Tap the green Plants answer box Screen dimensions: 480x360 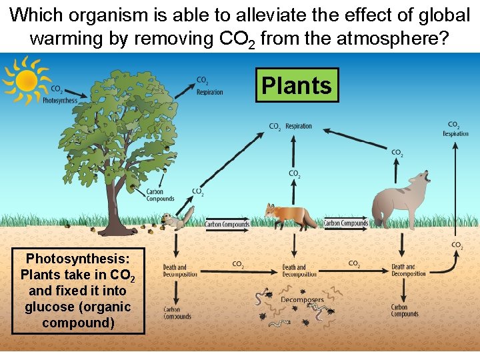[297, 85]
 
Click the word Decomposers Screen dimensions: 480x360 [302, 300]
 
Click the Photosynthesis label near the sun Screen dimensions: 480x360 [60, 101]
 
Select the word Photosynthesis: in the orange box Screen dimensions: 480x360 [77, 258]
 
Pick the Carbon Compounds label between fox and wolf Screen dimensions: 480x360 [345, 223]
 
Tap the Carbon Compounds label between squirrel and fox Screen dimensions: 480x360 [227, 224]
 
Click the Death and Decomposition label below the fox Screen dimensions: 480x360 [294, 271]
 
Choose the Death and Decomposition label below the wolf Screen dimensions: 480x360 [408, 270]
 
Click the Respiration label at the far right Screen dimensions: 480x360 [455, 133]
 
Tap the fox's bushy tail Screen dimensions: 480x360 [308, 217]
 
